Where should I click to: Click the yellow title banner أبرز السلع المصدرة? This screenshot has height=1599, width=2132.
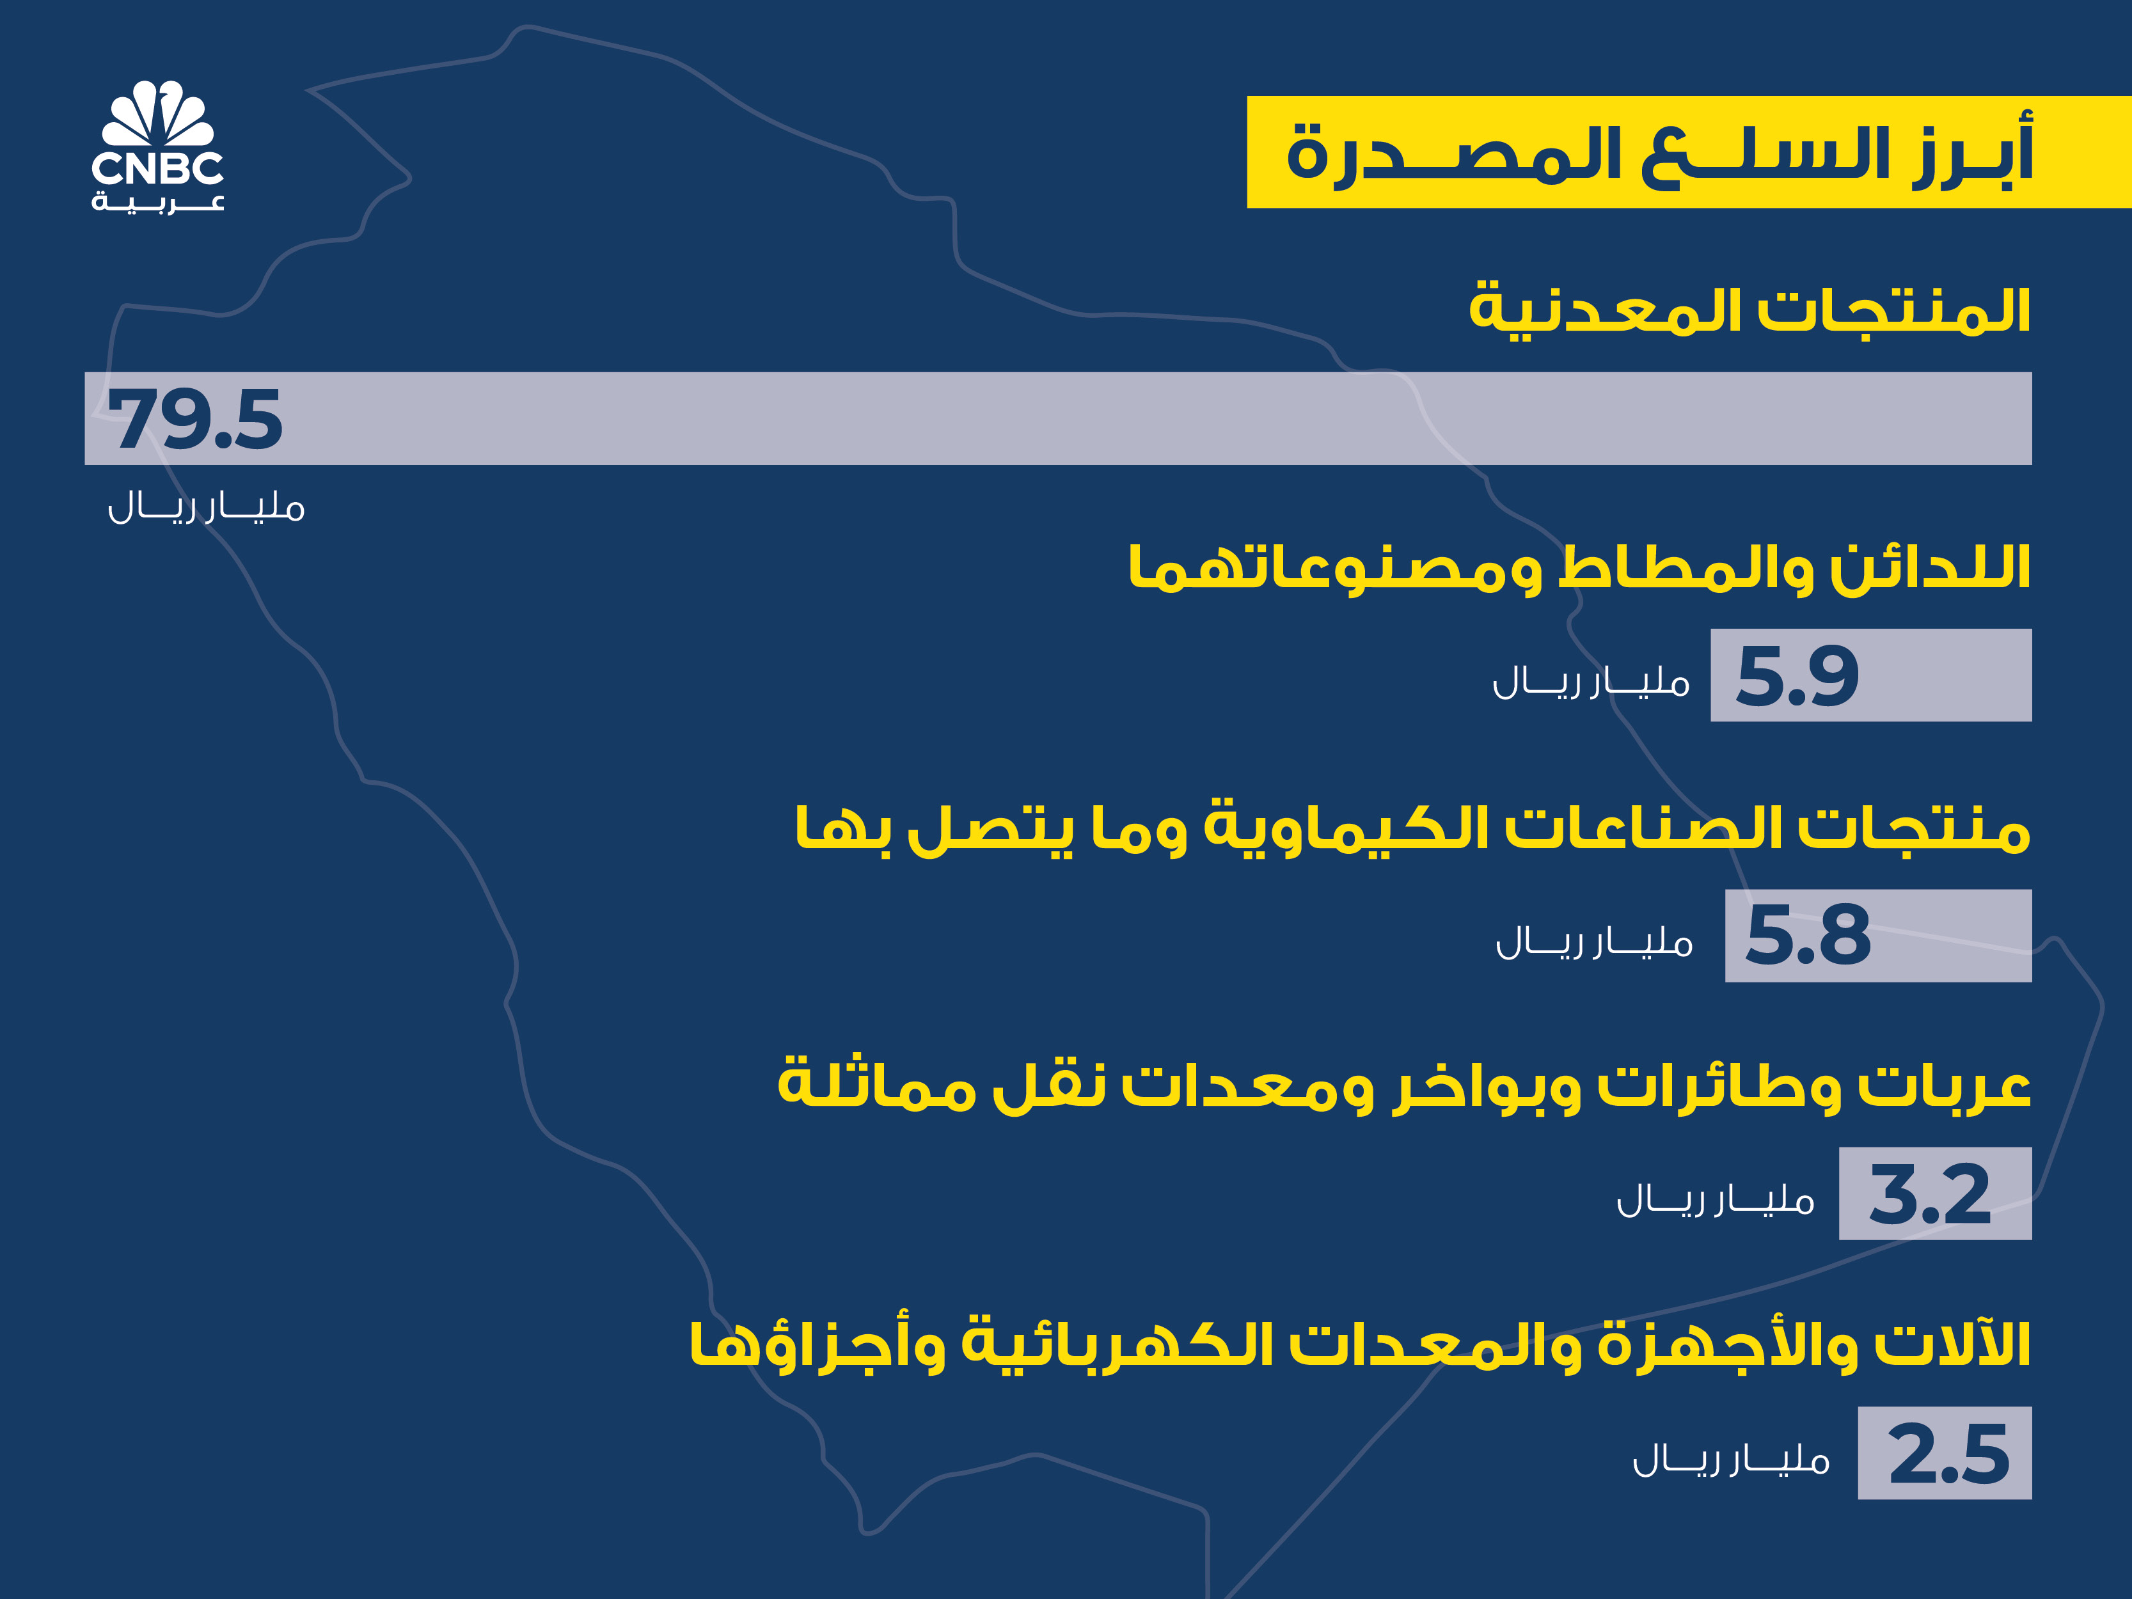click(x=1689, y=152)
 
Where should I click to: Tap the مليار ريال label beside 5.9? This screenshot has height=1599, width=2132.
click(x=1591, y=681)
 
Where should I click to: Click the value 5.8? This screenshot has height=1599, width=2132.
click(x=1808, y=936)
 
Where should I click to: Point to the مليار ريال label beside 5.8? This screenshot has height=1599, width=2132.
click(x=1594, y=941)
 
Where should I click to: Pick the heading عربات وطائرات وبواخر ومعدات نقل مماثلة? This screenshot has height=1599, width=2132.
click(x=1404, y=1086)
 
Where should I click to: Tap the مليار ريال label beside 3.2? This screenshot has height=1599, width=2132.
click(x=1716, y=1199)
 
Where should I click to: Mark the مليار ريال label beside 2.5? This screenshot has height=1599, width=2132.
click(x=1731, y=1458)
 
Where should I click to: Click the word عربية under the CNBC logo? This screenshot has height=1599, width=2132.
click(x=158, y=202)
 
